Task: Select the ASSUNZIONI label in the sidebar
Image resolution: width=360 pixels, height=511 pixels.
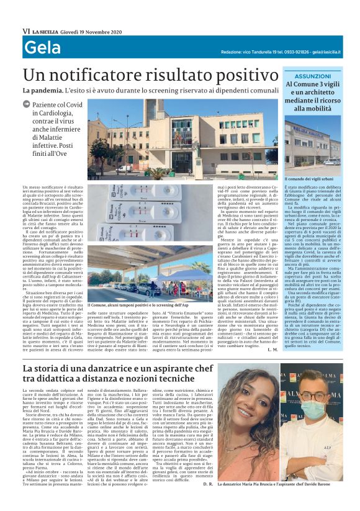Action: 313,76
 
